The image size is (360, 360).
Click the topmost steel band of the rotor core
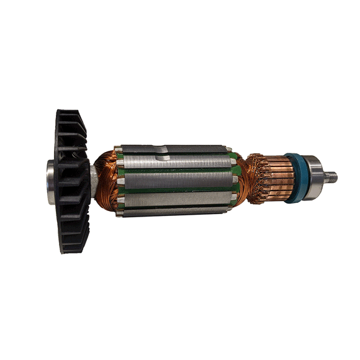click(x=180, y=150)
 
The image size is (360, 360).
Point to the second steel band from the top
click(x=180, y=163)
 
